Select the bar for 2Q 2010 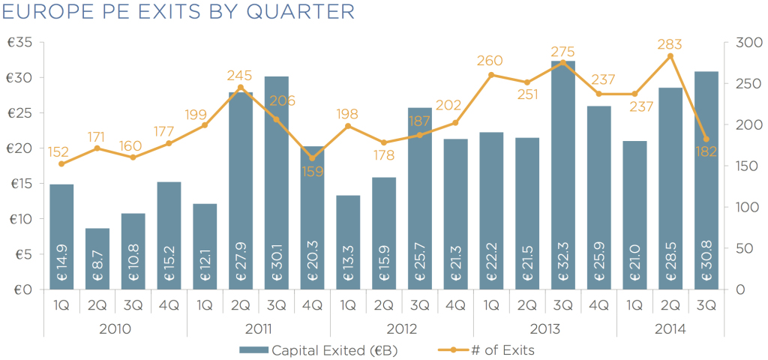pos(97,259)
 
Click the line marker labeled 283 pos(670,56)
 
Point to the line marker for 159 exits pos(312,158)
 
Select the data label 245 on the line pos(240,76)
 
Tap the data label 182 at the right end pos(706,151)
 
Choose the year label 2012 pos(401,328)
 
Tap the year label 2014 pos(670,328)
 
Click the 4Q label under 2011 pos(312,305)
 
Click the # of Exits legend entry pos(495,349)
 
